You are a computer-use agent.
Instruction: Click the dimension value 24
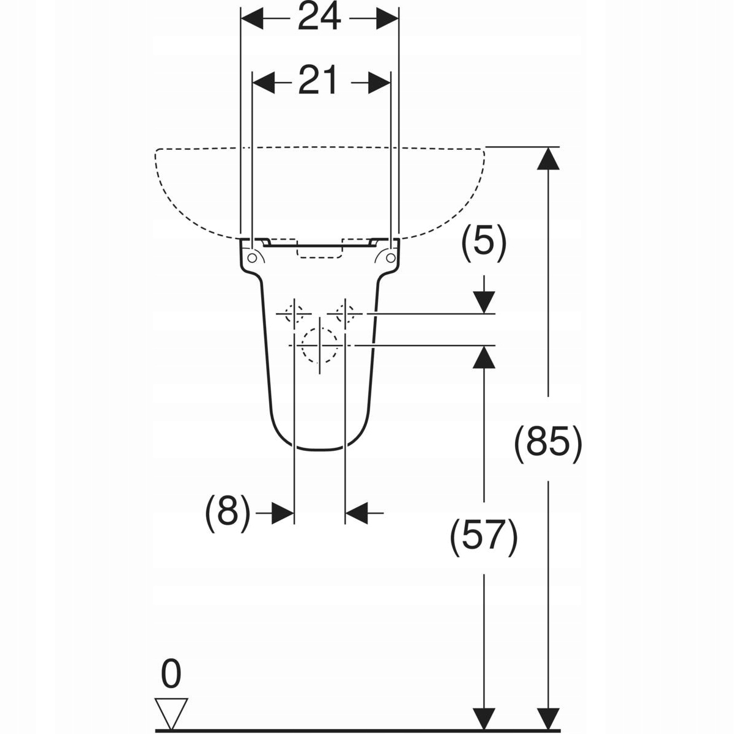pyautogui.click(x=319, y=18)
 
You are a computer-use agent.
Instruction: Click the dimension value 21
pyautogui.click(x=318, y=81)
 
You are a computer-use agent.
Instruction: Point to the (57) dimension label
pyautogui.click(x=484, y=537)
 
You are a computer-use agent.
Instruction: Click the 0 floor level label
pyautogui.click(x=171, y=674)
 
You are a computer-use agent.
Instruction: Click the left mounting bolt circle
pyautogui.click(x=252, y=258)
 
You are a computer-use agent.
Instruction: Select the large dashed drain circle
pyautogui.click(x=319, y=344)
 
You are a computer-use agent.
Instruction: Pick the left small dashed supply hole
pyautogui.click(x=294, y=314)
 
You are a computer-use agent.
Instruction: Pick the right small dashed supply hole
pyautogui.click(x=345, y=314)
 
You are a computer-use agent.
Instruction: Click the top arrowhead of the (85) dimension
pyautogui.click(x=548, y=157)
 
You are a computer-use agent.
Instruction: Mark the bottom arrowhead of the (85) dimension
pyautogui.click(x=548, y=719)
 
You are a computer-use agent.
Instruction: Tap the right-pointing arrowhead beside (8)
pyautogui.click(x=283, y=513)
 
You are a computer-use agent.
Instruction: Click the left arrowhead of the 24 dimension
pyautogui.click(x=252, y=19)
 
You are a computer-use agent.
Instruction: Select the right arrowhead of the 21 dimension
pyautogui.click(x=380, y=82)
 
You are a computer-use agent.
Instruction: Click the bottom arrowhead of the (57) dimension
pyautogui.click(x=484, y=719)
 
